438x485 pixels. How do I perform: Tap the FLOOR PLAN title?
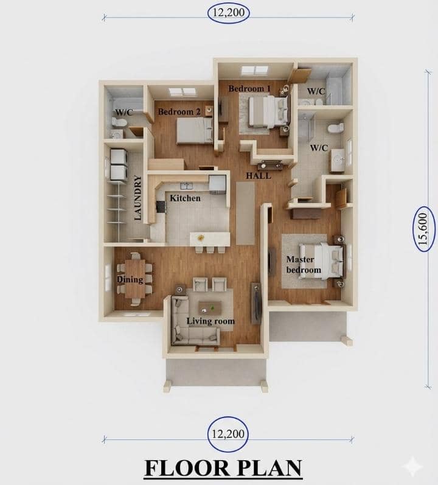pyautogui.click(x=223, y=468)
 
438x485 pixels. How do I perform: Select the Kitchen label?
pyautogui.click(x=185, y=198)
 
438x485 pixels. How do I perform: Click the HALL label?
pyautogui.click(x=259, y=176)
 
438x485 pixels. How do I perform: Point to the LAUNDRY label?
pyautogui.click(x=138, y=198)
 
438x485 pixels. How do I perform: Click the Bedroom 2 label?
pyautogui.click(x=179, y=111)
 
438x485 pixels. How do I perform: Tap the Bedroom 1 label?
pyautogui.click(x=249, y=89)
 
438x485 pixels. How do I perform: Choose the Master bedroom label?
pyautogui.click(x=303, y=265)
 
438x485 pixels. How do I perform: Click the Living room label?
pyautogui.click(x=210, y=321)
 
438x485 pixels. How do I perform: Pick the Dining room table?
pyautogui.click(x=135, y=279)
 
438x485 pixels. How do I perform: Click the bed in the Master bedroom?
pyautogui.click(x=321, y=260)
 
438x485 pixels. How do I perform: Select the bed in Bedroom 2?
pyautogui.click(x=195, y=131)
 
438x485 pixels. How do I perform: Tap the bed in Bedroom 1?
pyautogui.click(x=269, y=111)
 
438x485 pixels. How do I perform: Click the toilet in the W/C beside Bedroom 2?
pyautogui.click(x=119, y=122)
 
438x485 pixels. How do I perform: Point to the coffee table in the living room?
pyautogui.click(x=210, y=307)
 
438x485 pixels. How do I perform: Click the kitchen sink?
pyautogui.click(x=186, y=186)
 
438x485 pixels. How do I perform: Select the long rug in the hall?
pyautogui.click(x=245, y=213)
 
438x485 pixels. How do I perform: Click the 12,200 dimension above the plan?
pyautogui.click(x=228, y=13)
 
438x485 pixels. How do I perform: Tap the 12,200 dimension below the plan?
pyautogui.click(x=228, y=434)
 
